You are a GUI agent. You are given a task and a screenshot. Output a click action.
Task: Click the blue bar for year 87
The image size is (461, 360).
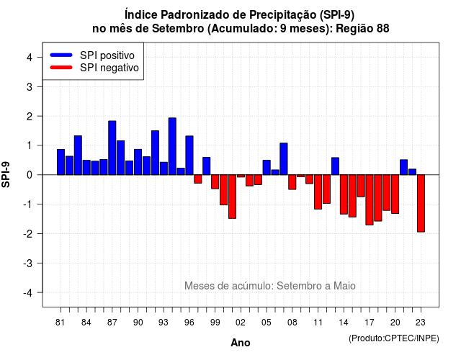112,148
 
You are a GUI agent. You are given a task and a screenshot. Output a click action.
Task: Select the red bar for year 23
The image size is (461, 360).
421,203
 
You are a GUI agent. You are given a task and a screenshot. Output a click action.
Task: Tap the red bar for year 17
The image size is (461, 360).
370,200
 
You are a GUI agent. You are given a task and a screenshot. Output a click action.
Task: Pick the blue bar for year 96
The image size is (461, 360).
189,156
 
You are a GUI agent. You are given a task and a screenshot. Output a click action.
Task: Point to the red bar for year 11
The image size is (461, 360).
318,192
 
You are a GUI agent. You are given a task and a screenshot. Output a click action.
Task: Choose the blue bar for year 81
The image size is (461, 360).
61,162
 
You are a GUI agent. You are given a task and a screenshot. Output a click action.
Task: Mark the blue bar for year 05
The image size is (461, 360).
267,168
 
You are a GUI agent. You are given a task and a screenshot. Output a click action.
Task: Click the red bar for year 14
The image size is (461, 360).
344,194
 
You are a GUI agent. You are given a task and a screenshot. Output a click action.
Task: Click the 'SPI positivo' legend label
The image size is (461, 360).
107,55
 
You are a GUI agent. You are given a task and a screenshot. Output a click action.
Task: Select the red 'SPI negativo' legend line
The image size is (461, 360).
61,68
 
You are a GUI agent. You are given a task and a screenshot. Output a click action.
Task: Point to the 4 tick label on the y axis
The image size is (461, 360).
30,58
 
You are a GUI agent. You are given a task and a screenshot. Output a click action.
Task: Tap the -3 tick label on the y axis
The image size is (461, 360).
28,264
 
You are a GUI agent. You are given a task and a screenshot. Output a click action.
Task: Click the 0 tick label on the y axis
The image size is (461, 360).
30,175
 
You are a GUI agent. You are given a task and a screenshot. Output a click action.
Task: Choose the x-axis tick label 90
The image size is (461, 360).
138,323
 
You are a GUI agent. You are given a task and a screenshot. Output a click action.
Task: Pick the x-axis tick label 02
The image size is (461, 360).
241,323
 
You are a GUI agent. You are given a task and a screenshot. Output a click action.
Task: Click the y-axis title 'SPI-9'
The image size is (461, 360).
6,174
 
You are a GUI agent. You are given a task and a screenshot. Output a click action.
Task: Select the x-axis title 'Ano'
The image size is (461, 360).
241,343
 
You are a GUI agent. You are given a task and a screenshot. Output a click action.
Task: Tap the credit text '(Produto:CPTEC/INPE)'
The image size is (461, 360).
394,338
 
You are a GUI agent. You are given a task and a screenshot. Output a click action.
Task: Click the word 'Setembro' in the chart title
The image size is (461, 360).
178,29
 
